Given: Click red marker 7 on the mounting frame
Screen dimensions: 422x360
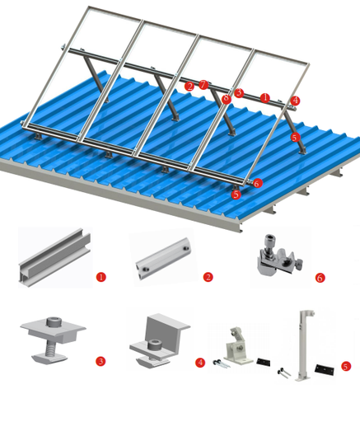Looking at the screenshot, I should [x=203, y=85].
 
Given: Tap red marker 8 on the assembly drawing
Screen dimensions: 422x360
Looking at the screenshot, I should [x=225, y=100].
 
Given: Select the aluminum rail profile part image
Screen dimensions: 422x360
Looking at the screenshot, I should [x=54, y=257].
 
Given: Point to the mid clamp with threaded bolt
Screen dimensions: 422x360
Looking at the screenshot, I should [x=54, y=339].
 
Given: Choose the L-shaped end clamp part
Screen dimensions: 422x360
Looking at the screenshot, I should [x=159, y=339].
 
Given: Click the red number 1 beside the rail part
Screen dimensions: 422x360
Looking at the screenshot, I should [x=101, y=278].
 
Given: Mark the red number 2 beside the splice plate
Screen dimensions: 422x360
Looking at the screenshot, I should [x=208, y=278].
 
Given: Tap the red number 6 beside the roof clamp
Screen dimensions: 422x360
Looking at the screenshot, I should [x=320, y=278].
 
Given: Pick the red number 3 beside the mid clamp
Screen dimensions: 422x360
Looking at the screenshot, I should [x=101, y=361].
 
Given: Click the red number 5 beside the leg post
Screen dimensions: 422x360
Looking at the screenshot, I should [x=346, y=366].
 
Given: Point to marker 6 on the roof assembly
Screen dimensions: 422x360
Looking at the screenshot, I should [x=257, y=184].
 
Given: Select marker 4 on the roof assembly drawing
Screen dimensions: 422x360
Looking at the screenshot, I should [x=295, y=101].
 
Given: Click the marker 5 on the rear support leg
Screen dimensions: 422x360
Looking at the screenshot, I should [x=295, y=138].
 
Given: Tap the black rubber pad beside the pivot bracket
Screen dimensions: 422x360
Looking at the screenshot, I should [x=264, y=362].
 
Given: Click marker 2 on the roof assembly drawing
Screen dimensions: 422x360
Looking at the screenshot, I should [x=190, y=86].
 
